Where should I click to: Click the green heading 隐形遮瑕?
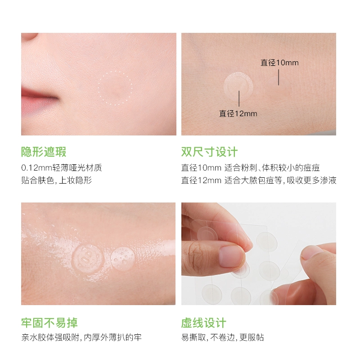(x=44, y=152)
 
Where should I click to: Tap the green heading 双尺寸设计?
(x=209, y=152)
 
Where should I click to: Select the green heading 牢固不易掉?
(x=49, y=323)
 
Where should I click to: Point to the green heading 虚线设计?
(x=204, y=323)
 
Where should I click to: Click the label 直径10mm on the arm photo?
(x=279, y=63)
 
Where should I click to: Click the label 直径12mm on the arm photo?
(x=238, y=113)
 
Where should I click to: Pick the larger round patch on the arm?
(x=238, y=87)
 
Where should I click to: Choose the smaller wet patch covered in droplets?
(x=122, y=258)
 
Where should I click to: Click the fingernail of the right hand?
(x=311, y=252)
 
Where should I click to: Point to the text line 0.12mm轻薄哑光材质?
(x=62, y=168)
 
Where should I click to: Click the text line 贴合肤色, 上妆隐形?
(x=57, y=180)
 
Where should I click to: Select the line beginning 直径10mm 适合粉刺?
(x=250, y=168)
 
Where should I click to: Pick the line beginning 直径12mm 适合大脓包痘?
(x=259, y=180)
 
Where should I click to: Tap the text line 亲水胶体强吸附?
(x=81, y=337)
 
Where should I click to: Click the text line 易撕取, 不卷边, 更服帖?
(x=222, y=337)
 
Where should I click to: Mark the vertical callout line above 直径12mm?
(x=239, y=99)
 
